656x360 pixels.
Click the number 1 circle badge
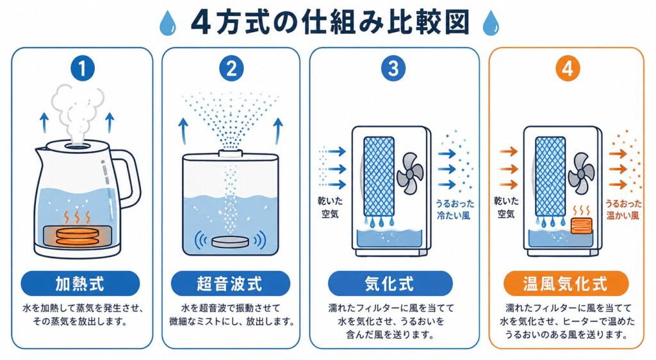83,69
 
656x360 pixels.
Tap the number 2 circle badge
231,69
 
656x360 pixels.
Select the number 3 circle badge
393,69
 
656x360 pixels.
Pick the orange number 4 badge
568,69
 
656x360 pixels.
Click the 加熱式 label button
80,284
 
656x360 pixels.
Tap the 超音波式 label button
231,284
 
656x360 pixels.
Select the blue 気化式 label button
390,284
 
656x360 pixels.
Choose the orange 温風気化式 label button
566,284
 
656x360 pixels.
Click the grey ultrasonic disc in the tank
231,241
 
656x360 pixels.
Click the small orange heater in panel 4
581,226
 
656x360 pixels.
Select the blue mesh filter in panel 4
550,176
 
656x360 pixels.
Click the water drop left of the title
167,23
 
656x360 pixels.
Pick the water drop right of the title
490,23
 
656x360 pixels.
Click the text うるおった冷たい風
455,209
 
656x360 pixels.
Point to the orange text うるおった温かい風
623,209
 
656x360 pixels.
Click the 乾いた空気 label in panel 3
330,208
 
